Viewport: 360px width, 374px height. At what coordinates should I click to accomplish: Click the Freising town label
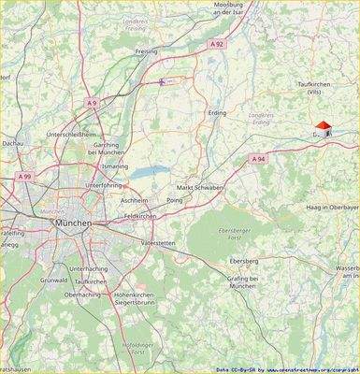147,51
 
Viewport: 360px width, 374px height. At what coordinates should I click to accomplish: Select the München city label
73,224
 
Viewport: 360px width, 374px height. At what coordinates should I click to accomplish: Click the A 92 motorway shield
217,44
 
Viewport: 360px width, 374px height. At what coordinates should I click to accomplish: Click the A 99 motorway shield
24,176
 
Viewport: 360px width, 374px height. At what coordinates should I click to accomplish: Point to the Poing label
174,200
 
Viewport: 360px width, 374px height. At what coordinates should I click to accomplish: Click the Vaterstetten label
157,242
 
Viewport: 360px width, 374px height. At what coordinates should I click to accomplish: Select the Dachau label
12,144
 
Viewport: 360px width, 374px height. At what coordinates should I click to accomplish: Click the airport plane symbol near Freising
162,82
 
